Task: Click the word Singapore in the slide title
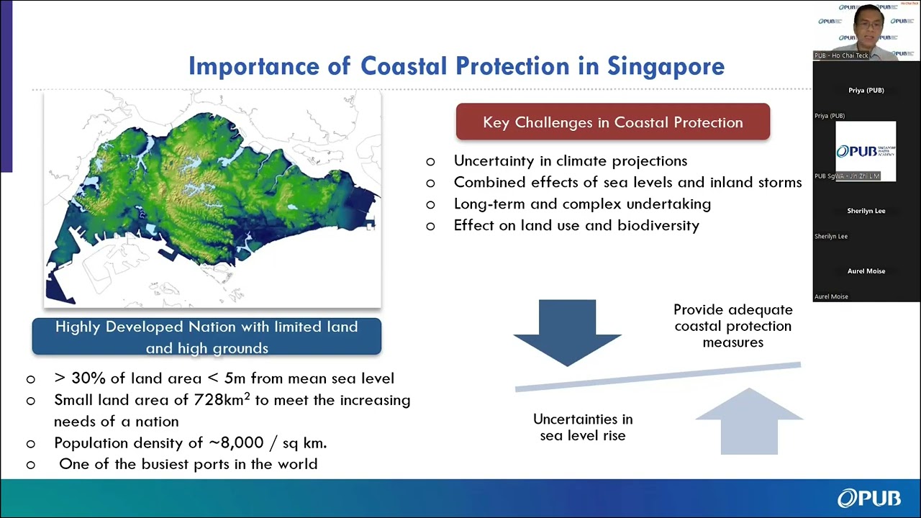tap(666, 66)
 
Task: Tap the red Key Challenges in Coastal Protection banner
tap(612, 122)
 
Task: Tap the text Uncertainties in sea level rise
tap(583, 427)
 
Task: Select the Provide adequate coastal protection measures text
tap(732, 326)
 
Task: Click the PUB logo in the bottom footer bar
tap(868, 498)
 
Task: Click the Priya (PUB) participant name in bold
tap(866, 91)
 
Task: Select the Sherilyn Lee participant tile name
tap(866, 211)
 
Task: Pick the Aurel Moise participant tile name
tap(866, 271)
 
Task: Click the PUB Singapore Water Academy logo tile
tap(866, 151)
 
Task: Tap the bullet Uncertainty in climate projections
tap(570, 161)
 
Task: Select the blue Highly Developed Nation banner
tap(207, 337)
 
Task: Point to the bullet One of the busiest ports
tap(188, 464)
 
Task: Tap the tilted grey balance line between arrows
tap(657, 376)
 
